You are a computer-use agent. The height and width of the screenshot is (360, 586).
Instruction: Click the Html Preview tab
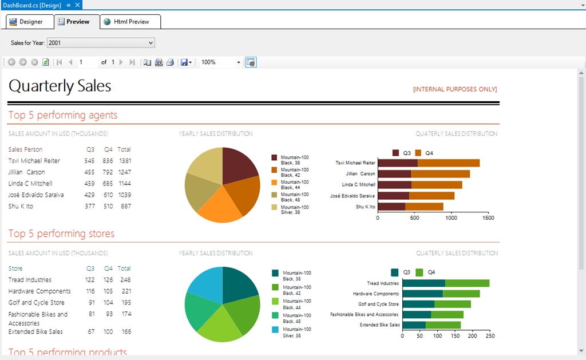tap(131, 22)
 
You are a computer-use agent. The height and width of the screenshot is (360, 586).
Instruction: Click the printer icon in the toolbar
tap(170, 62)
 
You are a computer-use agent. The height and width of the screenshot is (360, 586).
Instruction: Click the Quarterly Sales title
tap(60, 86)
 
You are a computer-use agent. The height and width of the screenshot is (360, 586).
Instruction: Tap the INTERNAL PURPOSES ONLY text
tap(455, 89)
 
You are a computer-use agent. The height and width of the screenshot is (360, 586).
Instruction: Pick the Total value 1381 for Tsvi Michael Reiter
tap(125, 161)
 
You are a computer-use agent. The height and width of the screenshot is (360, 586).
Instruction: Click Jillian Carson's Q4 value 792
tap(108, 172)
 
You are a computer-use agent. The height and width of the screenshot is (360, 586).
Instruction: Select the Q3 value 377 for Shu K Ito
tap(89, 207)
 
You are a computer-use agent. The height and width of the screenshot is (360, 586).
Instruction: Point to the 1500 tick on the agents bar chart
tap(488, 218)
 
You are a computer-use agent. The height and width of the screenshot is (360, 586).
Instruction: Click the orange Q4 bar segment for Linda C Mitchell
tap(436, 185)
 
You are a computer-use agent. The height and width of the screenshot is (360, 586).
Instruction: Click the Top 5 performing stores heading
tap(61, 234)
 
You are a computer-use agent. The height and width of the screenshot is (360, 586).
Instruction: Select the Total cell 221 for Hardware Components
tap(125, 291)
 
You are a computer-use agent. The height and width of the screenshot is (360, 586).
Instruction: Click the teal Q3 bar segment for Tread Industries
tap(423, 283)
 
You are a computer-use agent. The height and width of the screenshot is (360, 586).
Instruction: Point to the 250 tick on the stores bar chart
tap(490, 337)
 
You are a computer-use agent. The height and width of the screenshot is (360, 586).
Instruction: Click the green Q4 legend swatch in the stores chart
tap(419, 272)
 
